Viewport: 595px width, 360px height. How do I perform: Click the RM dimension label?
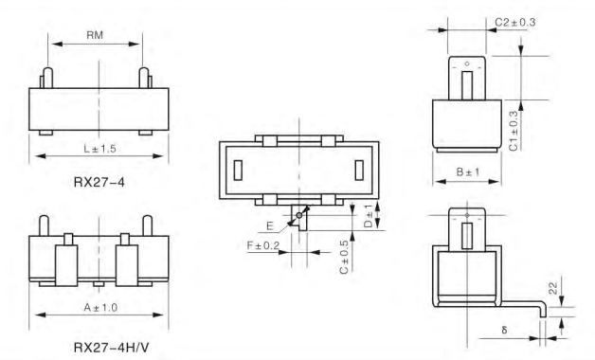(x=95, y=35)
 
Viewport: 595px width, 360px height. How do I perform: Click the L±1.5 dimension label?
(x=99, y=149)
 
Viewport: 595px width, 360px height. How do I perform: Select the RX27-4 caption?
(x=99, y=183)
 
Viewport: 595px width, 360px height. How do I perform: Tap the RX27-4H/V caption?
(x=111, y=347)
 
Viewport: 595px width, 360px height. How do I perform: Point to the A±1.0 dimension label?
(x=100, y=307)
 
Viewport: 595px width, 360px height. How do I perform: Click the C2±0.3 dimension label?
(x=514, y=23)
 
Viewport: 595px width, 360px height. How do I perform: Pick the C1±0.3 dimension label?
(x=513, y=131)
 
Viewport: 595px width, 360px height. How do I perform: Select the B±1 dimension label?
(x=468, y=172)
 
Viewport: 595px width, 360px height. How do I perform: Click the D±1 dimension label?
(x=369, y=216)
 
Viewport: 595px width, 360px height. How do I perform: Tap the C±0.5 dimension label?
(x=344, y=257)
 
